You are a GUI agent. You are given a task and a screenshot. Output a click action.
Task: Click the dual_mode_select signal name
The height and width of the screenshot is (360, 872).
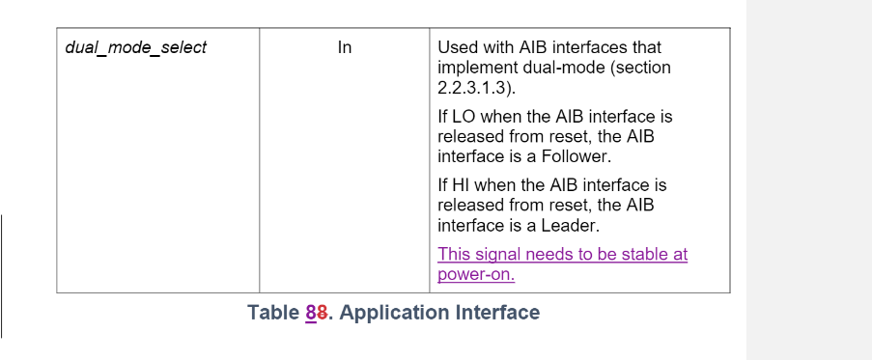[135, 47]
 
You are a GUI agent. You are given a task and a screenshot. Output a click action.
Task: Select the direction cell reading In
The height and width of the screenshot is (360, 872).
[345, 47]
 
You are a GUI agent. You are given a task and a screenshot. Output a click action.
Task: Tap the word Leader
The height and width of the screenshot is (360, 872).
[570, 227]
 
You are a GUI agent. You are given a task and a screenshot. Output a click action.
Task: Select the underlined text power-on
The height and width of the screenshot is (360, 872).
[476, 274]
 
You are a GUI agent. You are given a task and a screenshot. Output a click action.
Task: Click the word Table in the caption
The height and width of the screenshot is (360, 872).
[273, 313]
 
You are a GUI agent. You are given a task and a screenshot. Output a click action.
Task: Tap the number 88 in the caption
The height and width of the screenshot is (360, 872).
[317, 313]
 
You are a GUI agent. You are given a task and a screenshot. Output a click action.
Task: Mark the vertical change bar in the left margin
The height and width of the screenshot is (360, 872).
[2, 276]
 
